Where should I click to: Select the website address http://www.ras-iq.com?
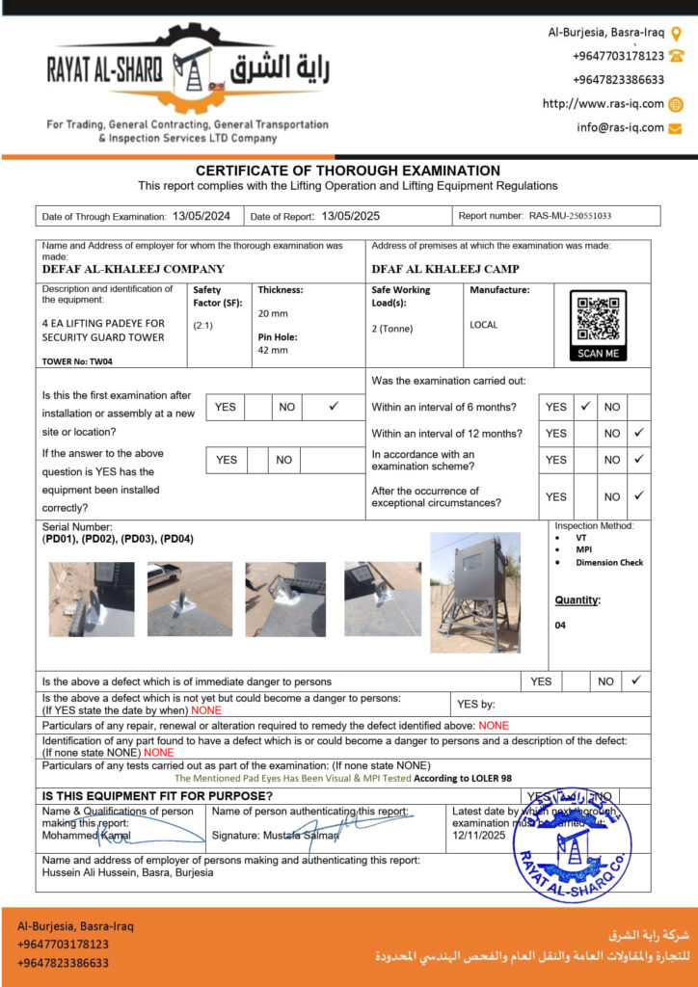tap(604, 104)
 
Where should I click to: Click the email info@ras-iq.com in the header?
tap(621, 127)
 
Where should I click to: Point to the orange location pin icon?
tap(677, 33)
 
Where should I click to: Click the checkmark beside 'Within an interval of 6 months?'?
tap(585, 407)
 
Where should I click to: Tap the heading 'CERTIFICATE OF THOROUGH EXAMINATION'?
tap(348, 171)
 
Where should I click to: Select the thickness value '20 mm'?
tap(273, 313)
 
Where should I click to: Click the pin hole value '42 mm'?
tap(273, 350)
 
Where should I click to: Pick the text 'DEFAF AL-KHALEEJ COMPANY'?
tap(133, 270)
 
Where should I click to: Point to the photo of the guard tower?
tap(474, 592)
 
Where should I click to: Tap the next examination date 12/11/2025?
tap(479, 835)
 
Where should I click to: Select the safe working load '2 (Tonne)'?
tap(391, 329)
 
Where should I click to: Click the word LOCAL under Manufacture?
tap(484, 325)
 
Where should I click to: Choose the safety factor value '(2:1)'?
tap(203, 325)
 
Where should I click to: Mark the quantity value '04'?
tap(561, 625)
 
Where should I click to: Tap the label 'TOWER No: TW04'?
tap(77, 361)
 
